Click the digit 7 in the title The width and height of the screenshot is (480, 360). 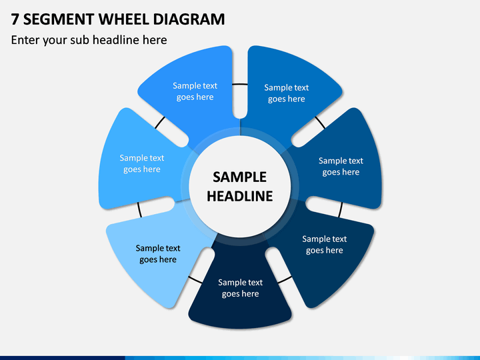15,19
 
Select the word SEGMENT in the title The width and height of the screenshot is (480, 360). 59,19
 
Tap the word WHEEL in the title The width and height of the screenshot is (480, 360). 124,19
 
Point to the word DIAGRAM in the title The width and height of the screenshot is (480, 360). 189,19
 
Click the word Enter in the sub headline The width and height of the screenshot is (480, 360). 25,40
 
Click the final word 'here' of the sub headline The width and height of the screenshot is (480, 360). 155,40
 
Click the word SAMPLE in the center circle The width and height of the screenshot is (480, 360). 240,177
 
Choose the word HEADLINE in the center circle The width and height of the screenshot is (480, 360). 240,196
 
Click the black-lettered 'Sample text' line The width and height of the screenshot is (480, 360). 158,248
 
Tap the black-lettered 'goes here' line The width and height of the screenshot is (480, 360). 158,259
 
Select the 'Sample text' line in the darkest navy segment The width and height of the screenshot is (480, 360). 240,282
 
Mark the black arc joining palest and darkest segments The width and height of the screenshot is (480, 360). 195,279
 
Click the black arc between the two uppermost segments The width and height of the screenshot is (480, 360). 240,84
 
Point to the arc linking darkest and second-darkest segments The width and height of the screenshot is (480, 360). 285,280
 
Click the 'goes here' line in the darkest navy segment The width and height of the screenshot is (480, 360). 240,294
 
